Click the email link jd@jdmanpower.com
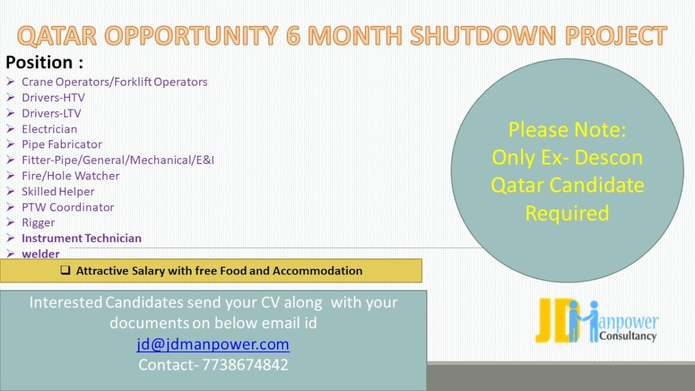(x=213, y=345)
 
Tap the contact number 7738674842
(x=245, y=364)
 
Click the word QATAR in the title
(x=57, y=35)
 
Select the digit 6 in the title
(x=293, y=35)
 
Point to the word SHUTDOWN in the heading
(x=483, y=35)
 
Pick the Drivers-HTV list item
(x=53, y=98)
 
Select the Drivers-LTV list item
(x=51, y=114)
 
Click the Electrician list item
(x=49, y=129)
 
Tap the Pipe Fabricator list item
(x=62, y=145)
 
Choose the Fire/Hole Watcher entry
(x=71, y=176)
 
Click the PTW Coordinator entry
(x=68, y=207)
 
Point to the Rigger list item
(x=38, y=223)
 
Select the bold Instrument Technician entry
(x=82, y=238)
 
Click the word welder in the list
(x=41, y=254)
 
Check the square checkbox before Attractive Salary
(x=65, y=270)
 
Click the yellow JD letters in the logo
(x=554, y=320)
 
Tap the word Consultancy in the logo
(x=628, y=336)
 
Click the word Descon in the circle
(x=609, y=158)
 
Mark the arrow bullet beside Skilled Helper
(x=10, y=192)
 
